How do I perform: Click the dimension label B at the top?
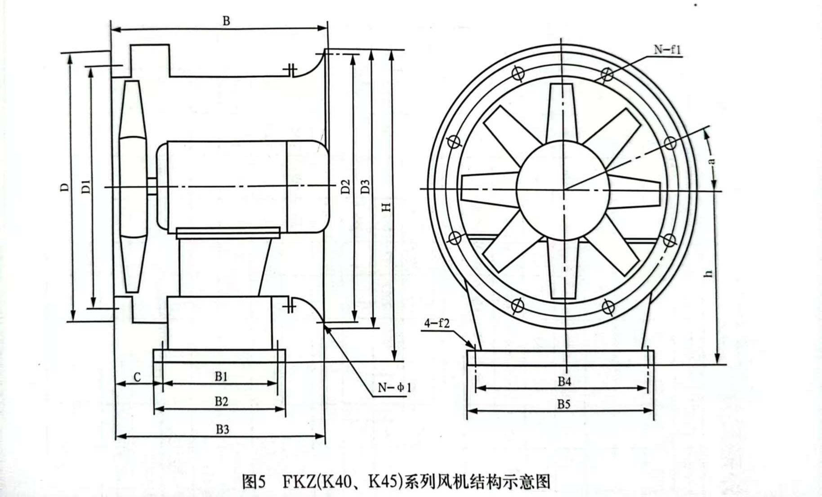227,21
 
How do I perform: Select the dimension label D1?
86,186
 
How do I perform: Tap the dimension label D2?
345,186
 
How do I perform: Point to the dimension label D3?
366,187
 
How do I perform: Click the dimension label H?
386,206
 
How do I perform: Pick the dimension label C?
137,377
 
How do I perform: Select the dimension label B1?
221,376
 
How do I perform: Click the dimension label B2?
221,401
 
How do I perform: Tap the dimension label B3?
222,429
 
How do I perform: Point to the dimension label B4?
564,381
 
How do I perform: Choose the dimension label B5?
563,404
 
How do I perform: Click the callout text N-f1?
668,49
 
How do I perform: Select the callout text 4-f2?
436,323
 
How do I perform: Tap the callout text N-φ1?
394,387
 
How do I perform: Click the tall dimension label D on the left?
66,186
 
